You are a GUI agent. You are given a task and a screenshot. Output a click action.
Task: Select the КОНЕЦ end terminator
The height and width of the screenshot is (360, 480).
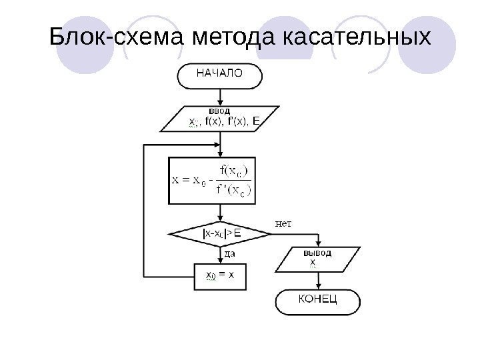coord(317,300)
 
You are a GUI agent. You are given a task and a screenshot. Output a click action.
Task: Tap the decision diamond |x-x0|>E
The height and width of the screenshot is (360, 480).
coord(221,233)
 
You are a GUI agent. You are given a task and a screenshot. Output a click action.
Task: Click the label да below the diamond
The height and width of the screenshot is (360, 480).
coord(229,253)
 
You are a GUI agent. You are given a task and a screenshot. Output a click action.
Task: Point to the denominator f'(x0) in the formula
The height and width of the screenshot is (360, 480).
coord(233,190)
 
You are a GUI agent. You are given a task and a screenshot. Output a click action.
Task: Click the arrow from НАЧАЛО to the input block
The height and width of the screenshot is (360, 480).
coord(219,96)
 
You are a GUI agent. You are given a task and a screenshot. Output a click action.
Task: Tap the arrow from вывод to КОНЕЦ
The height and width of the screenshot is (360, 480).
coord(318,279)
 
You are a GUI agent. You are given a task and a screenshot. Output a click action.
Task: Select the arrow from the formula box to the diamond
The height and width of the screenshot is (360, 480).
coord(219,212)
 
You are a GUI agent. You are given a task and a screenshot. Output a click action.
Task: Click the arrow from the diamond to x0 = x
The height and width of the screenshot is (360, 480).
coord(219,255)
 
